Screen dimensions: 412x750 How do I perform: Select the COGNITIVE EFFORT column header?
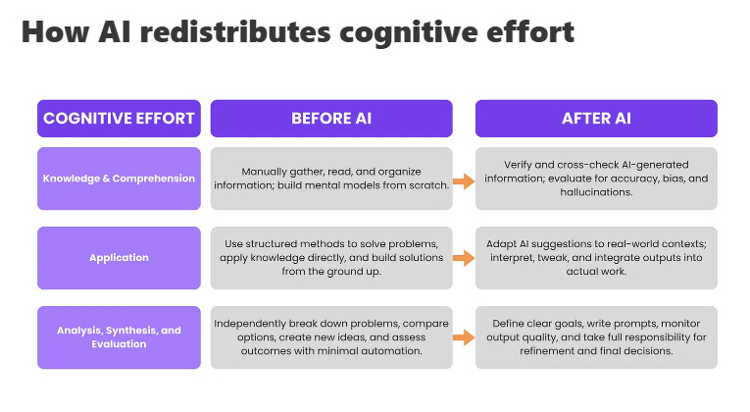(x=118, y=119)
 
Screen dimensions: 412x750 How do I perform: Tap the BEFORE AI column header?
(x=330, y=119)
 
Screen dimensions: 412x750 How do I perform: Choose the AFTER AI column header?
(x=596, y=119)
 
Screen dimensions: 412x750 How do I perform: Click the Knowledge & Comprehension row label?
(x=118, y=179)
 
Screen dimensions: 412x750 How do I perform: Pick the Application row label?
(x=118, y=258)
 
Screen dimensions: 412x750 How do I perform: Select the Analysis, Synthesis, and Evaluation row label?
(x=118, y=337)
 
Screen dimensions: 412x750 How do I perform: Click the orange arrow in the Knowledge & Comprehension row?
(x=464, y=180)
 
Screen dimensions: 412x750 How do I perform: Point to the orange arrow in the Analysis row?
(x=464, y=338)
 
